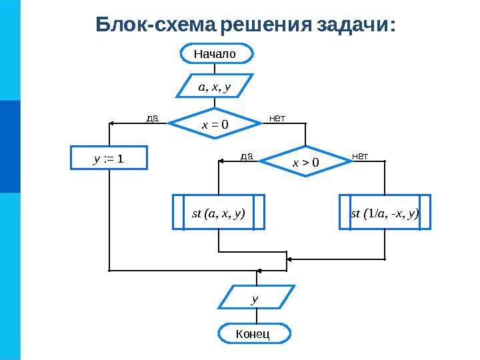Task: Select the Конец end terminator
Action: (x=253, y=333)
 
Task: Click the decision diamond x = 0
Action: (x=215, y=123)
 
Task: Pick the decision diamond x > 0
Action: (x=305, y=161)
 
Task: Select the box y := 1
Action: (x=109, y=159)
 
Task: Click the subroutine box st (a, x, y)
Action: (x=219, y=213)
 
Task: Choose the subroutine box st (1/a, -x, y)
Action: (x=385, y=213)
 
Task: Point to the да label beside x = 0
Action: (x=152, y=119)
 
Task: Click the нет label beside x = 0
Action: (x=277, y=119)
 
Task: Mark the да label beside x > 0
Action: (x=247, y=157)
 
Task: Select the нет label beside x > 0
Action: (x=360, y=157)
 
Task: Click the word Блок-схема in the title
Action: (x=156, y=25)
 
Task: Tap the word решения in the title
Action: (x=265, y=25)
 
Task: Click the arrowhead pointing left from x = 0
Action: (x=113, y=123)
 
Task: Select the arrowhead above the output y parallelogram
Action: (x=254, y=282)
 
